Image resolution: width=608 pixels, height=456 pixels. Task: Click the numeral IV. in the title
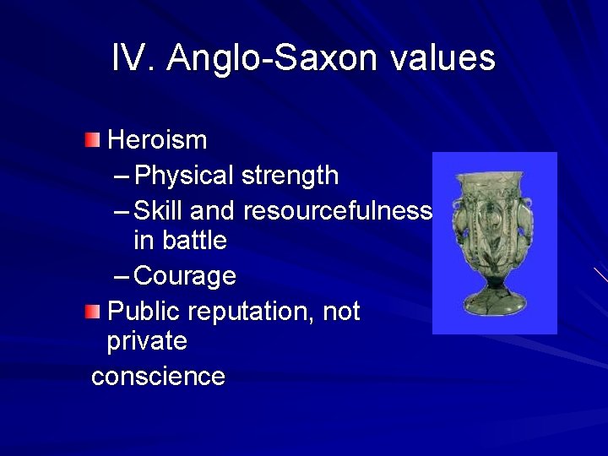(133, 58)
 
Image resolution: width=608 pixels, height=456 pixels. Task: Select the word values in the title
(440, 58)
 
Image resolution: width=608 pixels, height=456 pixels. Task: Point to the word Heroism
(157, 138)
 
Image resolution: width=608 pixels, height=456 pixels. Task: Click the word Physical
(184, 176)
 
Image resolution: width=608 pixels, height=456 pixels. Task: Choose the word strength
(290, 176)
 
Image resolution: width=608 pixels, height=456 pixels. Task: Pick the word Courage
(185, 276)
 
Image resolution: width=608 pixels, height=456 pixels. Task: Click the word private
(147, 342)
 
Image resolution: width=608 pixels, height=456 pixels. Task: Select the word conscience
(158, 376)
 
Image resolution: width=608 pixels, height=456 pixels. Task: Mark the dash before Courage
(121, 276)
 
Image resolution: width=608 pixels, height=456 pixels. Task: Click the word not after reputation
(342, 312)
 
